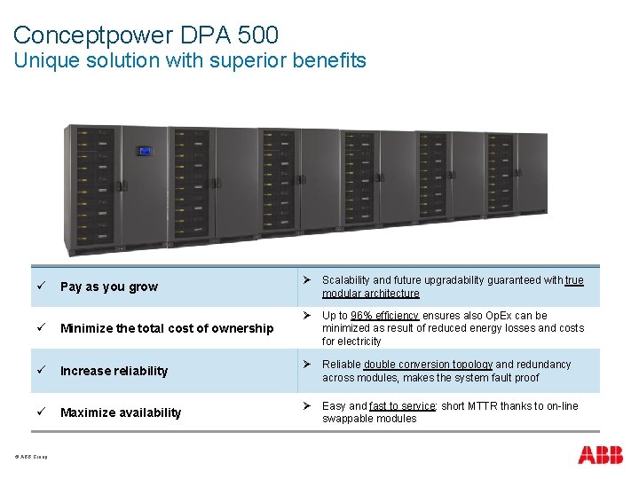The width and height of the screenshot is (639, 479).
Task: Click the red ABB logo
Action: coord(600,455)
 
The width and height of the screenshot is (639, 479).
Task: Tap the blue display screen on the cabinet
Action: coord(143,151)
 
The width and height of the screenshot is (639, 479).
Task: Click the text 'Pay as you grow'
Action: coord(108,287)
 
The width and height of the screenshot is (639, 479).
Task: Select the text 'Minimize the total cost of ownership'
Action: coord(167,328)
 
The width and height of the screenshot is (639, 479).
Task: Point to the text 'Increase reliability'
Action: coord(114,371)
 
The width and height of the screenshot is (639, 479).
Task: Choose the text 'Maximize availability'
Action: coord(121,412)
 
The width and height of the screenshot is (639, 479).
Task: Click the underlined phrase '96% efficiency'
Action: coord(384,316)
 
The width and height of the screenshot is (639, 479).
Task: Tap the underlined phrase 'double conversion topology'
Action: coord(428,365)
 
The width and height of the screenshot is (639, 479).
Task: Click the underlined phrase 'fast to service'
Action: coord(403,406)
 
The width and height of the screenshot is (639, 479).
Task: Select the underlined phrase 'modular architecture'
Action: coord(370,294)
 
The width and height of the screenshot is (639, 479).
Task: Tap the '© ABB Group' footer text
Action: coord(31,458)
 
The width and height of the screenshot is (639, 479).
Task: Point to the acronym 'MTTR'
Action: coord(494,406)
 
